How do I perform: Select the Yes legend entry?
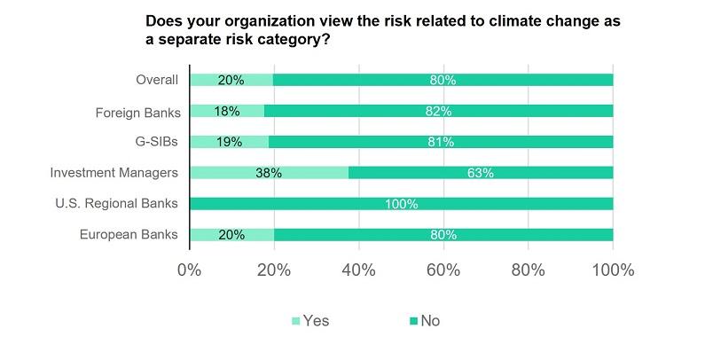point(309,321)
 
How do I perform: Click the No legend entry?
point(423,321)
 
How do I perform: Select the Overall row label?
point(157,81)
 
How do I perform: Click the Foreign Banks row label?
point(137,112)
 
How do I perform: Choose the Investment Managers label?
point(116,173)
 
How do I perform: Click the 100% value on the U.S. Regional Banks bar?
point(401,204)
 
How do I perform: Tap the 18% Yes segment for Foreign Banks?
point(227,112)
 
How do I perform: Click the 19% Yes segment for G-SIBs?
point(229,142)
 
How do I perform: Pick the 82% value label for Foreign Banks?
point(438,112)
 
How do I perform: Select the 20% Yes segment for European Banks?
point(231,234)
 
